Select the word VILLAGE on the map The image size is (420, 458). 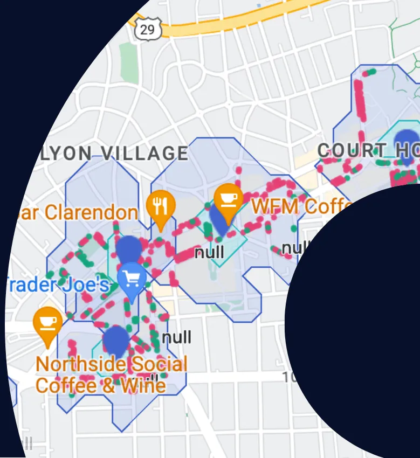click(145, 154)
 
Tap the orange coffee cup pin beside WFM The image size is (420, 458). click(228, 201)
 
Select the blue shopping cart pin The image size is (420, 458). click(132, 280)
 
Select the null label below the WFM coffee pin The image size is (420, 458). click(209, 252)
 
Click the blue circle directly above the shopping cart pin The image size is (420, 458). click(129, 248)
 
